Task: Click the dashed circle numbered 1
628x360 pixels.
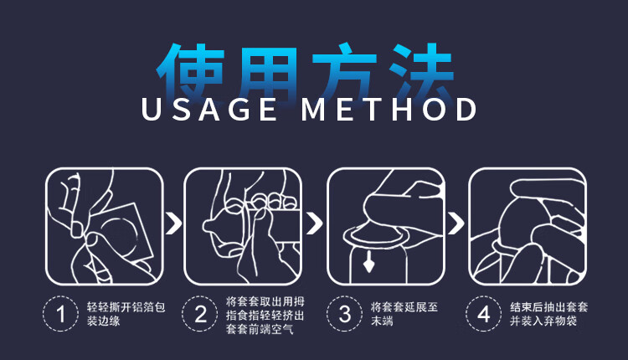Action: (x=44, y=314)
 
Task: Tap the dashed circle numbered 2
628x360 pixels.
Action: (x=183, y=314)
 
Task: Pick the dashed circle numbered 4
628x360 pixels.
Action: (x=467, y=314)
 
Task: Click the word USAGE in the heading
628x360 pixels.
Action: (x=209, y=109)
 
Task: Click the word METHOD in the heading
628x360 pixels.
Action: (x=389, y=109)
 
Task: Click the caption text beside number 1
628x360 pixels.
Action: (x=126, y=314)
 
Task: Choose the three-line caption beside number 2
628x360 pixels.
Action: (x=265, y=315)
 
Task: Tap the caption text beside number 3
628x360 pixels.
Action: (x=404, y=314)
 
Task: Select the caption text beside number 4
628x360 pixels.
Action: (x=548, y=314)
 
